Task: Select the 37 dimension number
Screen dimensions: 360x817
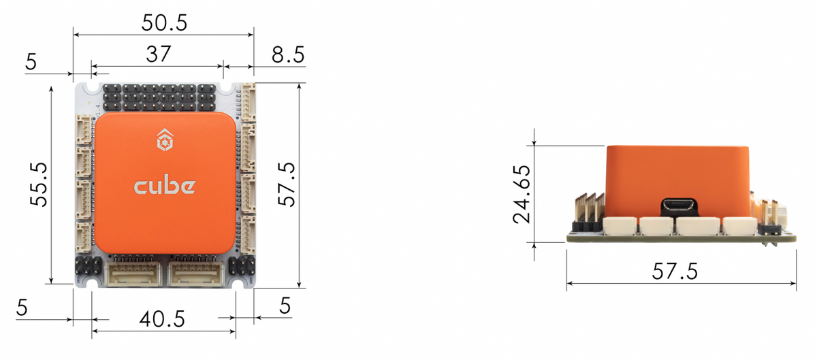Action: coord(157,54)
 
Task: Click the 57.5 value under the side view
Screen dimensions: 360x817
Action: coord(675,272)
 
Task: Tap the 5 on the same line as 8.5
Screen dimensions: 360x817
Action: coord(31,63)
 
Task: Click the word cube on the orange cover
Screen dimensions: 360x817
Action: coord(165,186)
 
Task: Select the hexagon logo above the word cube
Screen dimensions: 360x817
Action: coord(164,141)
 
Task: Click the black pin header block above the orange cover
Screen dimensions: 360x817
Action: coord(160,99)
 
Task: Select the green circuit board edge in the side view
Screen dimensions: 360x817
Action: coord(681,239)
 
